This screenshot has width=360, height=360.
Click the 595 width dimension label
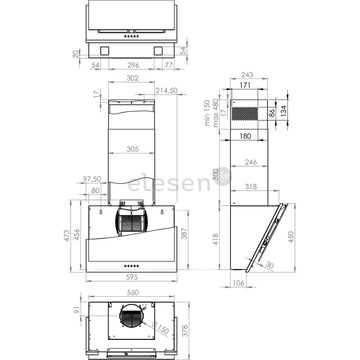[132, 277]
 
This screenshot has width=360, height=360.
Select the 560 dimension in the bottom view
[133, 292]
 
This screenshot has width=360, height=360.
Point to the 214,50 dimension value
[166, 90]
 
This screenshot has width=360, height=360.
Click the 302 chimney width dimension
[132, 78]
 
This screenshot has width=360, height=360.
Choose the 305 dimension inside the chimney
[132, 149]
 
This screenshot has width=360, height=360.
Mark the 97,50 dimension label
[92, 179]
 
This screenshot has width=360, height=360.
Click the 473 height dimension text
[67, 235]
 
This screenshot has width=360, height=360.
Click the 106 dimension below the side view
[238, 283]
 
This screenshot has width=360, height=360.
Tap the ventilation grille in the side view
[245, 114]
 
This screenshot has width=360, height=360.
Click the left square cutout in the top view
[104, 51]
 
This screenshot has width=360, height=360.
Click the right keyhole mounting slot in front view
[162, 212]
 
